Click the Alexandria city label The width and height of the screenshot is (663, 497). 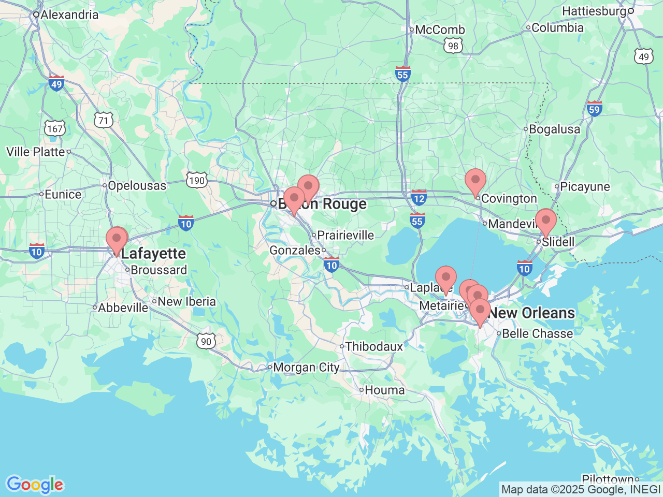[69, 14]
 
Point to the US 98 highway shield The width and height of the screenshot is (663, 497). [453, 46]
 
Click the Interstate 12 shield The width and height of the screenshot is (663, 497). [419, 197]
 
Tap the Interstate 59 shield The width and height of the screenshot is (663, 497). [594, 109]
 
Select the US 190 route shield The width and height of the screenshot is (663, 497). [197, 180]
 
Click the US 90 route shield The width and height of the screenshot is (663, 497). [206, 341]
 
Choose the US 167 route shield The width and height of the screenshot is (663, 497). [54, 128]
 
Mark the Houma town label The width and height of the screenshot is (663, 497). [384, 390]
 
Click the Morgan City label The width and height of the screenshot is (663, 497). [306, 367]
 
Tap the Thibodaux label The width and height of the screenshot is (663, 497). [373, 346]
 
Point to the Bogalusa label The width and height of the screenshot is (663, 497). [554, 129]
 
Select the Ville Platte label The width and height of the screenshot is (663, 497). [36, 152]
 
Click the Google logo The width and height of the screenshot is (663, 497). [35, 485]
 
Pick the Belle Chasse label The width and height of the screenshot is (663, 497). [537, 333]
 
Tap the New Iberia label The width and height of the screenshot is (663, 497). [186, 301]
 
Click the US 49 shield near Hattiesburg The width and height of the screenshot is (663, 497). [643, 56]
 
